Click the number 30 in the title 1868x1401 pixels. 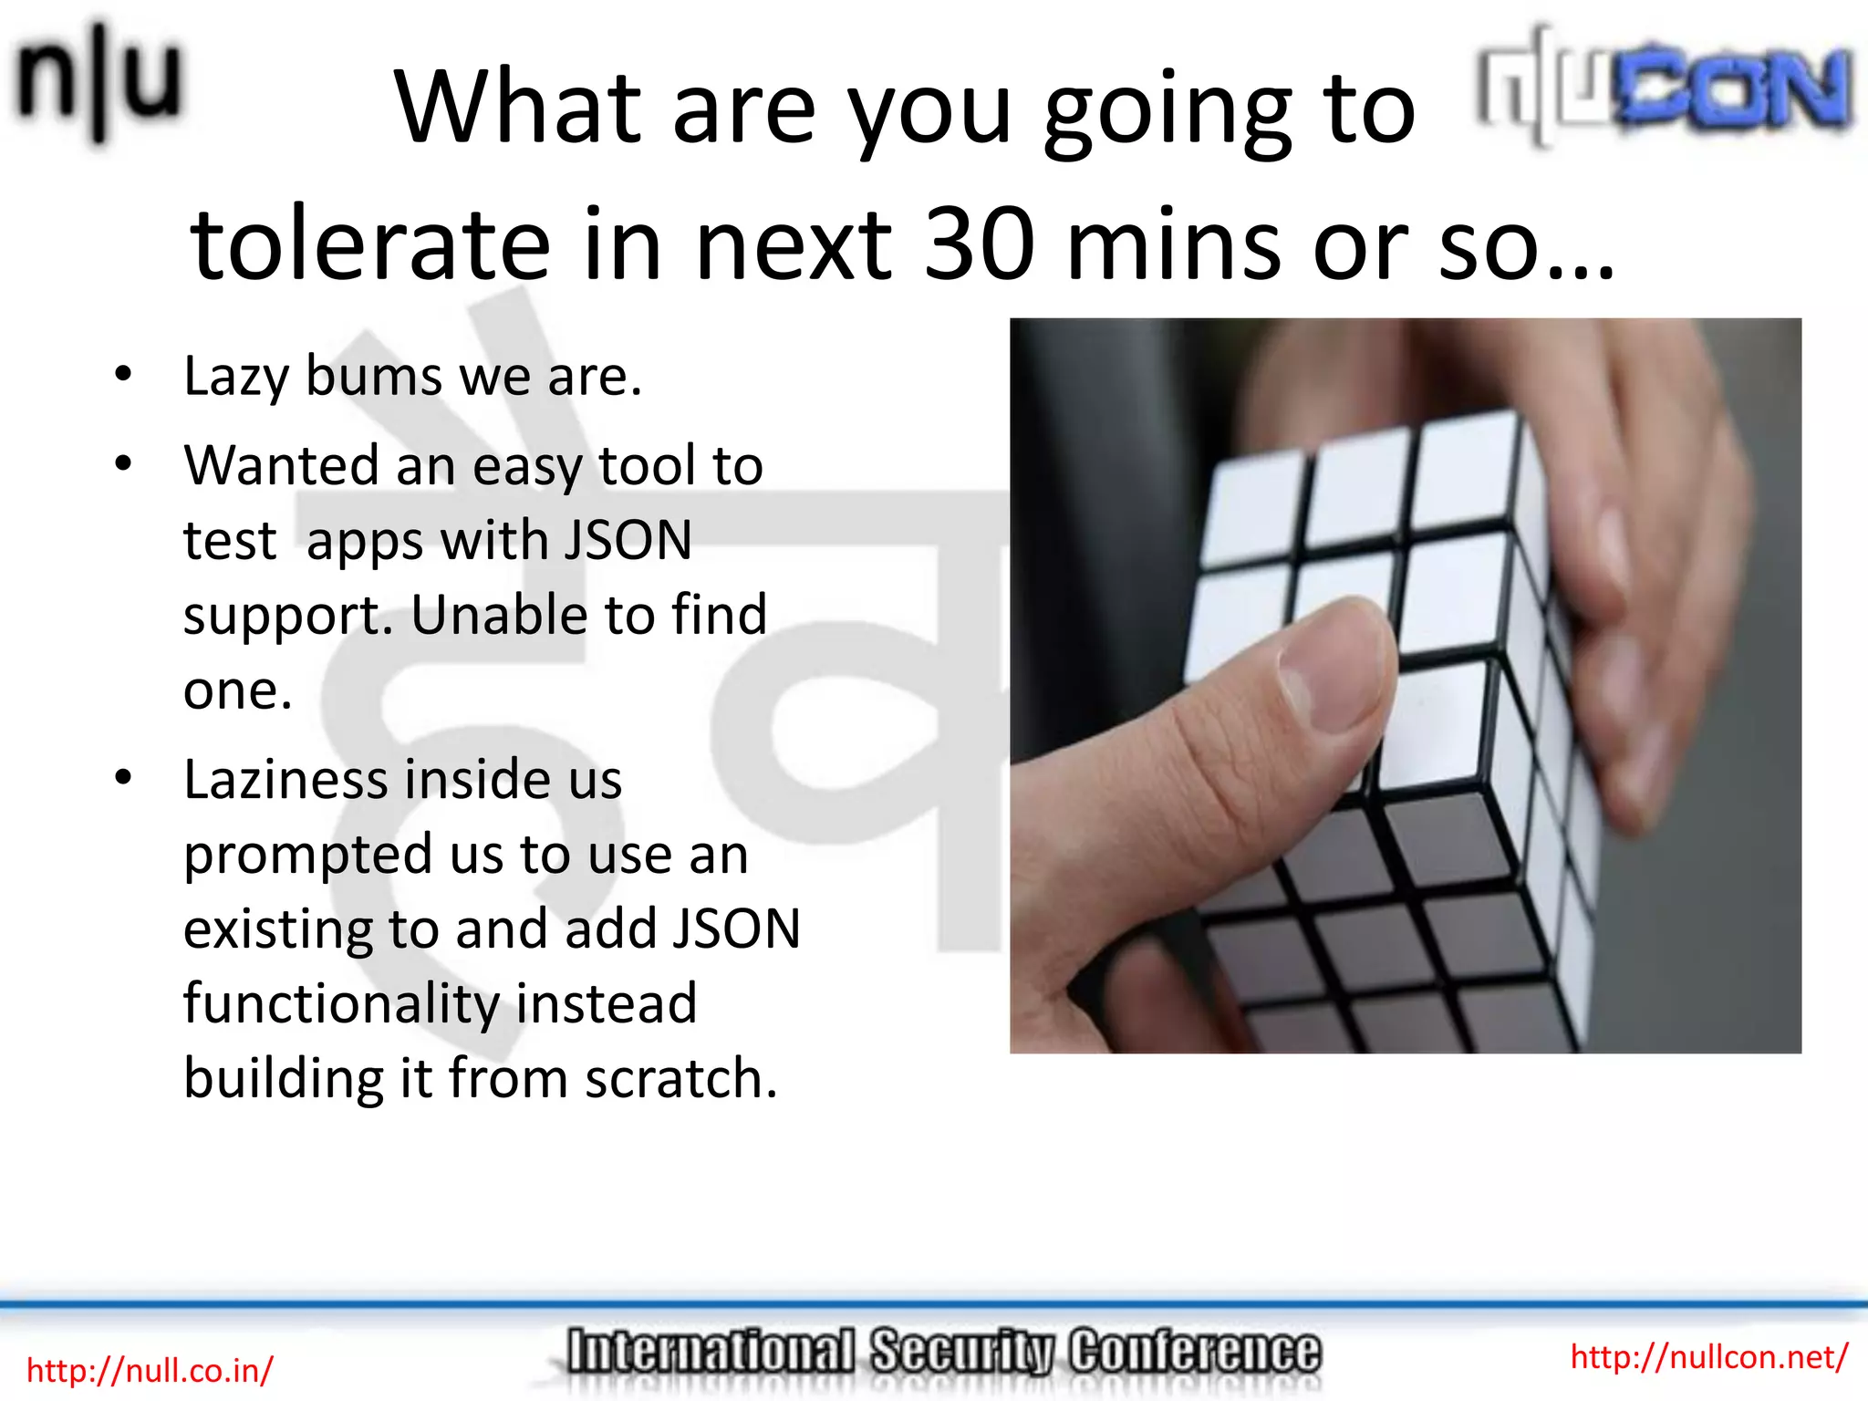pos(980,244)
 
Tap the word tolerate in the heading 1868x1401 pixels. pos(370,244)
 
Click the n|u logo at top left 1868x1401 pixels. pos(99,82)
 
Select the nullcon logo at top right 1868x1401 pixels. pos(1666,87)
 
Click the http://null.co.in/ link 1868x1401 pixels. pos(150,1371)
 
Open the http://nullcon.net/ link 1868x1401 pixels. pos(1708,1357)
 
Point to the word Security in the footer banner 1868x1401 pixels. pos(961,1353)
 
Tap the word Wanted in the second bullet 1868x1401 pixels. pos(281,465)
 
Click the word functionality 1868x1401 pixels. pos(341,1004)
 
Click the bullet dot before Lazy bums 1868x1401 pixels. pos(124,374)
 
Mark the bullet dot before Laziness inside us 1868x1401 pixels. pos(124,777)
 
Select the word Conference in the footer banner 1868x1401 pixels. pos(1195,1353)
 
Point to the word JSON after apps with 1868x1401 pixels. pos(628,540)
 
